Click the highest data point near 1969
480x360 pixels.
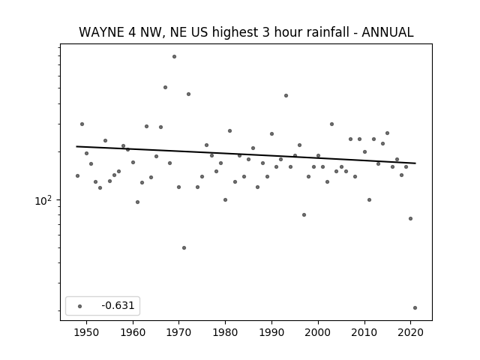pyautogui.click(x=174, y=57)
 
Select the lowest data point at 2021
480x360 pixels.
pyautogui.click(x=415, y=308)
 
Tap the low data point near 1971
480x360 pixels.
pyautogui.click(x=184, y=248)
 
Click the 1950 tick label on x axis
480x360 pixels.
pyautogui.click(x=87, y=332)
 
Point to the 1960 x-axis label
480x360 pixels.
pyautogui.click(x=133, y=332)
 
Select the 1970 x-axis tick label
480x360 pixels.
pyautogui.click(x=179, y=332)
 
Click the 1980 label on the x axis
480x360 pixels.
pyautogui.click(x=225, y=332)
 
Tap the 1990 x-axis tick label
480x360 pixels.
pyautogui.click(x=271, y=332)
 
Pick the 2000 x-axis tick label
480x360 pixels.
pyautogui.click(x=318, y=332)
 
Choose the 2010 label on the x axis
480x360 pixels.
pyautogui.click(x=364, y=332)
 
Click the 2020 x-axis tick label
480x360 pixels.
pyautogui.click(x=410, y=332)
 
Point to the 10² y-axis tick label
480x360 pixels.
pyautogui.click(x=43, y=200)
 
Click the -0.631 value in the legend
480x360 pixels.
pyautogui.click(x=118, y=305)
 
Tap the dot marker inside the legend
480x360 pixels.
pyautogui.click(x=80, y=307)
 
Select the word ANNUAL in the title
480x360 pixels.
pyautogui.click(x=388, y=32)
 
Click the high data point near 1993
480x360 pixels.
pyautogui.click(x=286, y=96)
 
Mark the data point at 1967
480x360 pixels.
pyautogui.click(x=165, y=88)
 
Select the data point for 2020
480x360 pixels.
pyautogui.click(x=410, y=219)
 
